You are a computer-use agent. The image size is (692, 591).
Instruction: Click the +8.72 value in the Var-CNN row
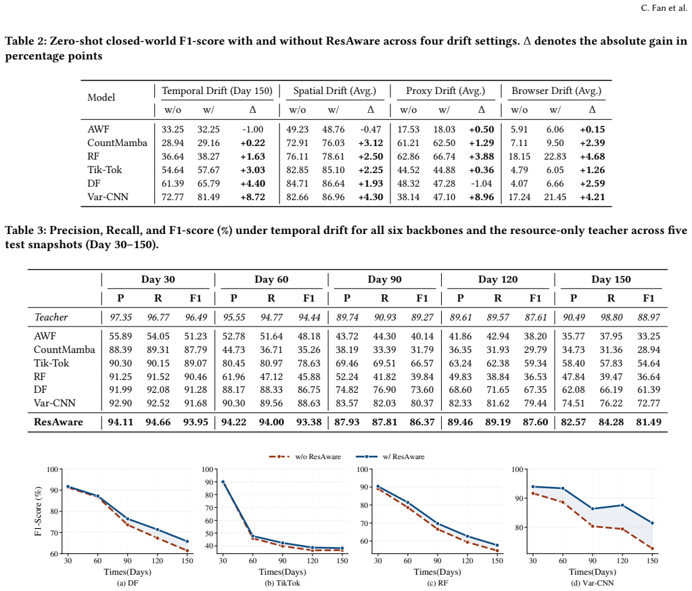coord(252,197)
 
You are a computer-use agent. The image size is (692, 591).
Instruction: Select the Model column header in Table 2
coord(101,97)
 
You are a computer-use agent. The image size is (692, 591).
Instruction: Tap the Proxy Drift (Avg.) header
coord(445,91)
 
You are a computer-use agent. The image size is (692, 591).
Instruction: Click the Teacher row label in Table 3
coord(51,317)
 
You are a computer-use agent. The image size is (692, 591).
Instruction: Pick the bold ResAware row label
coord(58,422)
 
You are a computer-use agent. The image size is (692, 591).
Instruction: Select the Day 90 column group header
coord(384,279)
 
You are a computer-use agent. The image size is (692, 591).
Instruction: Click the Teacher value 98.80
coord(611,317)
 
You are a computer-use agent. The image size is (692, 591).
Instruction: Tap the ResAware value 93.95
coord(195,422)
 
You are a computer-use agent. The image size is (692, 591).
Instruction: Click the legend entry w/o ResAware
coord(304,456)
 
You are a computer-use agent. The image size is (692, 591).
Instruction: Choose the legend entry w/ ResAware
coord(390,456)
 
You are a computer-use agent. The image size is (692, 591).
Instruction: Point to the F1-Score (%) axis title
coord(38,511)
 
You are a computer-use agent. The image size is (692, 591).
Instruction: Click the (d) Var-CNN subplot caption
coord(593,583)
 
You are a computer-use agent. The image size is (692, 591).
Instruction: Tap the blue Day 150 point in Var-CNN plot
coord(652,523)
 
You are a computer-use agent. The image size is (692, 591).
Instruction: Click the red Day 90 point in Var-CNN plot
coord(593,526)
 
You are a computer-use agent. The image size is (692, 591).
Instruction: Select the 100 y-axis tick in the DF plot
coord(53,469)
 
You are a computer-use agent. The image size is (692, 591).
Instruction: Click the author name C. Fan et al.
coord(664,8)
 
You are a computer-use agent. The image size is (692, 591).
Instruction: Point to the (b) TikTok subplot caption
coord(283,583)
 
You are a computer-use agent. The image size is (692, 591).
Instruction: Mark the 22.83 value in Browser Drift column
coord(555,157)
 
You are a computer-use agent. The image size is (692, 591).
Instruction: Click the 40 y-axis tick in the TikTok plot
coord(209,546)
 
